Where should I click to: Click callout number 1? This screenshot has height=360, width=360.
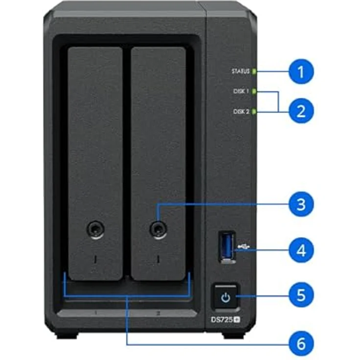pos(300,72)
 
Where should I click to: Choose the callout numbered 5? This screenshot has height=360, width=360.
pos(300,295)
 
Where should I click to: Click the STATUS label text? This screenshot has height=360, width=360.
pos(241,71)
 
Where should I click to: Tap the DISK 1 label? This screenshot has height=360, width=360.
pos(242,91)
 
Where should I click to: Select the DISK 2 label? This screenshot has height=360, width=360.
pos(242,112)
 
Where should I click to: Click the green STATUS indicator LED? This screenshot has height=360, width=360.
pos(254,71)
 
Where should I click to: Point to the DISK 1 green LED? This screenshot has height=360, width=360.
pos(254,91)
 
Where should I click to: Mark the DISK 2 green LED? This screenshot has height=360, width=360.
pos(254,112)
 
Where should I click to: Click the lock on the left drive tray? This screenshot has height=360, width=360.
pos(94,227)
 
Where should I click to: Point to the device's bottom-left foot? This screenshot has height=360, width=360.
pos(67,336)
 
